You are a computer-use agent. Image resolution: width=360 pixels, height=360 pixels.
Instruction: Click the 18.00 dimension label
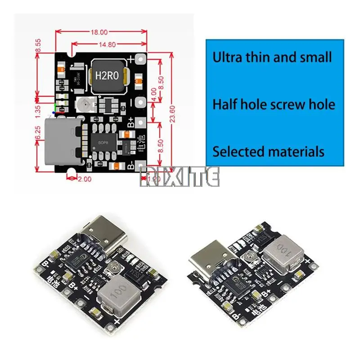100,32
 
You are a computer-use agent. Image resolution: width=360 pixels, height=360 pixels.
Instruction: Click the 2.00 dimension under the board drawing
85,179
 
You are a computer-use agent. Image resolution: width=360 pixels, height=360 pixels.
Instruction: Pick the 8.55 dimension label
38,46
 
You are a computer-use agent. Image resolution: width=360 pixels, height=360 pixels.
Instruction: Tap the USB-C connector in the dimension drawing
64,141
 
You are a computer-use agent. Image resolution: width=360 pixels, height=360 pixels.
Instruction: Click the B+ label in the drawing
130,122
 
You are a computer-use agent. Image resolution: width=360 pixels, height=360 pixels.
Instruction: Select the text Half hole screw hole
274,104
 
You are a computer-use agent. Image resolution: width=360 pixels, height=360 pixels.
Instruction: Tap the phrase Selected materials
268,151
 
